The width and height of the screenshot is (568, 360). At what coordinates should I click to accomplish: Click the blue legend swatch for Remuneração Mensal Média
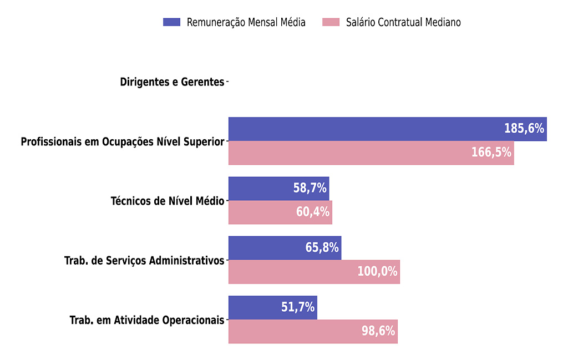tap(171, 22)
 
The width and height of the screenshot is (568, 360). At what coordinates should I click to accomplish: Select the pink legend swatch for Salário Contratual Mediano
tap(331, 22)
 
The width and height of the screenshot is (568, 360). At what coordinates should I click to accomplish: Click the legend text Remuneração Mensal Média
tap(246, 22)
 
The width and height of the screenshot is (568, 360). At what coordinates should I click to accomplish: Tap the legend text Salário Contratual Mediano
tap(403, 22)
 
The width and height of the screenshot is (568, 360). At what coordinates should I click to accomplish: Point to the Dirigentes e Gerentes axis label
tap(172, 82)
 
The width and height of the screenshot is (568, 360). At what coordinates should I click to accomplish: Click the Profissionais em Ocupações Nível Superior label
tap(123, 141)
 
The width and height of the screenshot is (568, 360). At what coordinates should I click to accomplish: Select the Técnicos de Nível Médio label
tap(168, 201)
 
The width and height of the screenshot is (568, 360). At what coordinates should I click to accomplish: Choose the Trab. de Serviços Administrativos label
tap(144, 260)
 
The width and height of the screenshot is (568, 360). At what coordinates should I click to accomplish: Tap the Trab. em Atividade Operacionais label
tap(147, 320)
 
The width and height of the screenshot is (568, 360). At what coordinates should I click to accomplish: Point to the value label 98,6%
tap(378, 331)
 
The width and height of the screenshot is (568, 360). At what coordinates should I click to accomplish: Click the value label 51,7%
tap(298, 307)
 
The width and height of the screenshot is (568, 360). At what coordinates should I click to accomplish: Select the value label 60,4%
tap(313, 212)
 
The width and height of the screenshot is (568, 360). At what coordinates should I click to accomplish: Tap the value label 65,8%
tap(322, 248)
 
